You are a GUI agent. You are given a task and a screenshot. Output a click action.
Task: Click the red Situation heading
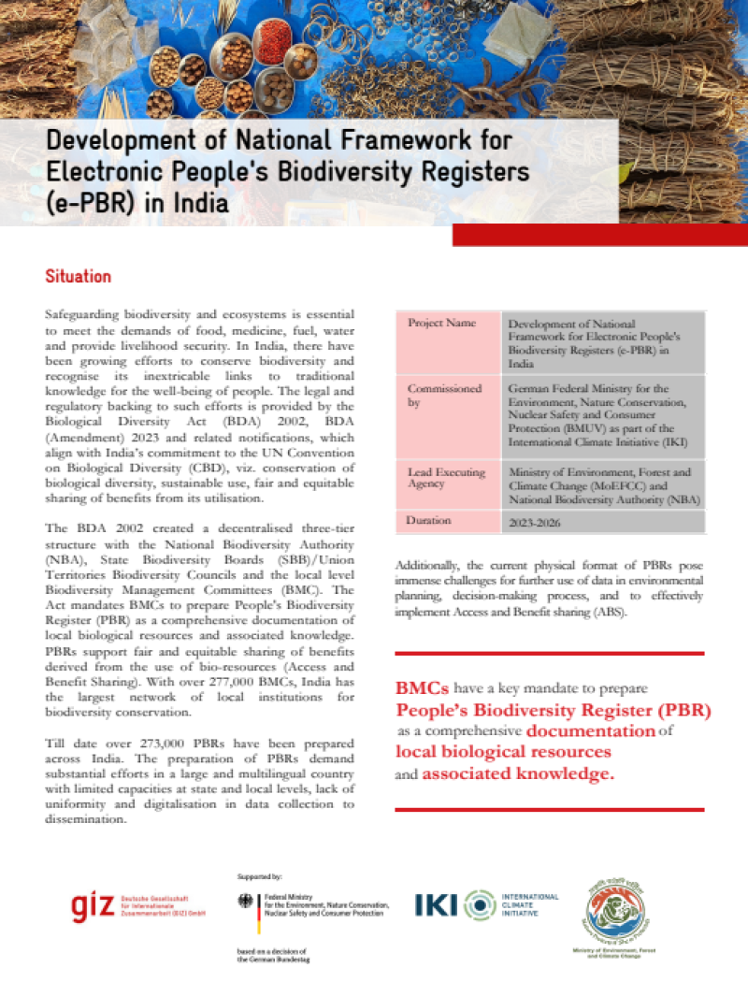click(x=79, y=277)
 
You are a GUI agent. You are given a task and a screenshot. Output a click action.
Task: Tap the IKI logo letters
click(x=438, y=904)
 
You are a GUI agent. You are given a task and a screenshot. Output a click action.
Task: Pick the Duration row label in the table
click(x=429, y=519)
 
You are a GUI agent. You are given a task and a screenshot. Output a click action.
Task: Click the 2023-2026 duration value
click(x=535, y=523)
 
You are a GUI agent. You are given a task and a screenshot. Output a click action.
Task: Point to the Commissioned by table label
click(x=444, y=394)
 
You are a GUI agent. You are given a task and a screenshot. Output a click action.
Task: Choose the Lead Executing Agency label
click(x=446, y=478)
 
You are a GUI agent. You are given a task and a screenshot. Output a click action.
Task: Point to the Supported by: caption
click(x=261, y=876)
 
